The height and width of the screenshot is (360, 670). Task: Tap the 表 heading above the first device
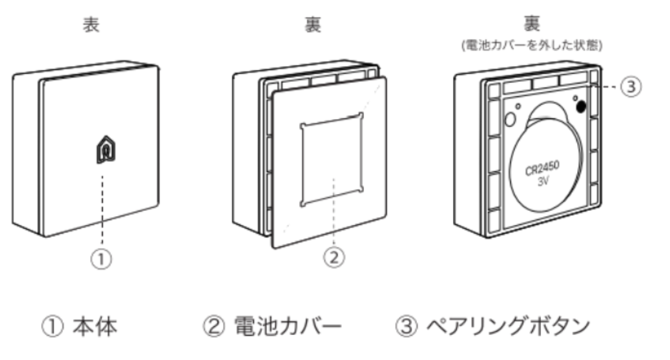(x=92, y=26)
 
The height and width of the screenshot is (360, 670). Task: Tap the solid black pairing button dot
(x=580, y=107)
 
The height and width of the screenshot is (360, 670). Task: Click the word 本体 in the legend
(x=94, y=328)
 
